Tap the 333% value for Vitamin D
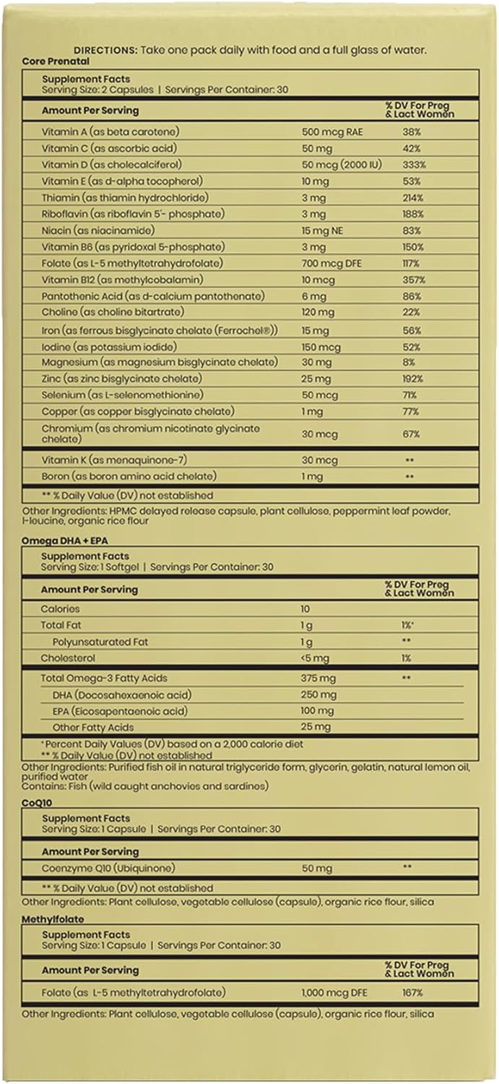[415, 165]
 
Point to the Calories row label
[61, 609]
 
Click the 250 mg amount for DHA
[318, 695]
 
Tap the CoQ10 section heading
[35, 801]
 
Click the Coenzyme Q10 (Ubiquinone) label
[108, 868]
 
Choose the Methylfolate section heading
[53, 919]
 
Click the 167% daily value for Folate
[414, 993]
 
